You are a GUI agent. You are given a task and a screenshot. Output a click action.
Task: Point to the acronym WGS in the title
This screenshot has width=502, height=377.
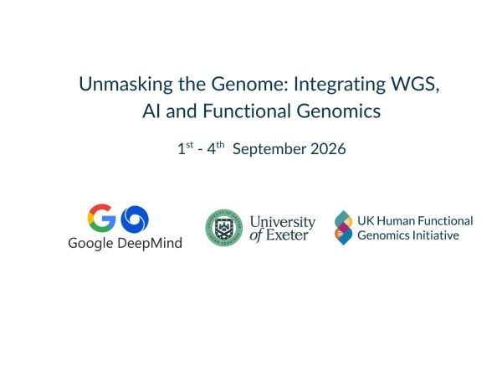point(402,84)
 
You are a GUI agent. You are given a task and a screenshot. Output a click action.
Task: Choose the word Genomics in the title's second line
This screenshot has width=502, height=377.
point(322,111)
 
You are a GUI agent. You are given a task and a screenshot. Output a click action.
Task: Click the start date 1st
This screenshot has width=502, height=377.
point(185,149)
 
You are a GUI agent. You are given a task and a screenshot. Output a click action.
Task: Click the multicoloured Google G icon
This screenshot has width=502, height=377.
point(101,219)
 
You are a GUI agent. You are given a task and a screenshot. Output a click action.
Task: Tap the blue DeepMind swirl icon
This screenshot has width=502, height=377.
point(134,219)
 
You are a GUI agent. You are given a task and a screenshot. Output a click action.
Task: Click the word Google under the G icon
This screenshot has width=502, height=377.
point(90,243)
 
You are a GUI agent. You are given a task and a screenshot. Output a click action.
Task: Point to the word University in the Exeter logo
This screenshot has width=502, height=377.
point(283,222)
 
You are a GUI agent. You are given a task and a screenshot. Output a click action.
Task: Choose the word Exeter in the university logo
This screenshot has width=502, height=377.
point(289,235)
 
